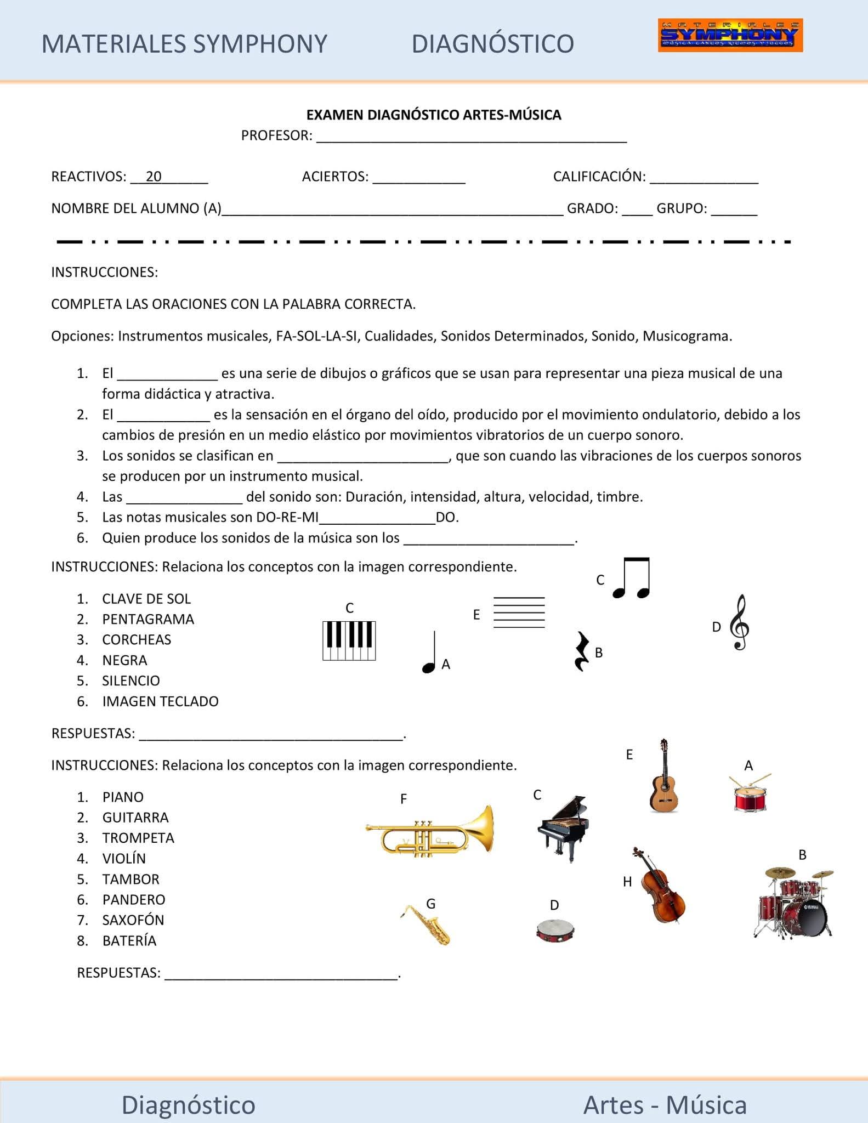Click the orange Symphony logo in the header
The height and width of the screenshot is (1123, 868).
(x=730, y=35)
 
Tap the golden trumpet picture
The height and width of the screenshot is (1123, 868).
(x=430, y=830)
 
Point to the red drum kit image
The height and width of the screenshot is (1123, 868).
(x=794, y=903)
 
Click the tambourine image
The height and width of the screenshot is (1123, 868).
(x=555, y=931)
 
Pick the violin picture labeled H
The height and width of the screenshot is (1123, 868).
(x=659, y=885)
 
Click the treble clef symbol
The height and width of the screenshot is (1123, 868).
(x=740, y=622)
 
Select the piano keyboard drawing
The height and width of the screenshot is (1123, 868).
(x=349, y=640)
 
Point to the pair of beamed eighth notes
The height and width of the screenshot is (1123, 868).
(x=632, y=578)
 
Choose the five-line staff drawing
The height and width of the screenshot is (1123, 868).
(x=519, y=612)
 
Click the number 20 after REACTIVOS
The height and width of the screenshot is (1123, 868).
(x=154, y=177)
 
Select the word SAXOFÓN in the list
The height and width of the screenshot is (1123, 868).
(x=133, y=920)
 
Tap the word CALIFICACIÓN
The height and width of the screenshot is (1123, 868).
(x=599, y=177)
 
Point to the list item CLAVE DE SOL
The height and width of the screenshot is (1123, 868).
(x=146, y=599)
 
